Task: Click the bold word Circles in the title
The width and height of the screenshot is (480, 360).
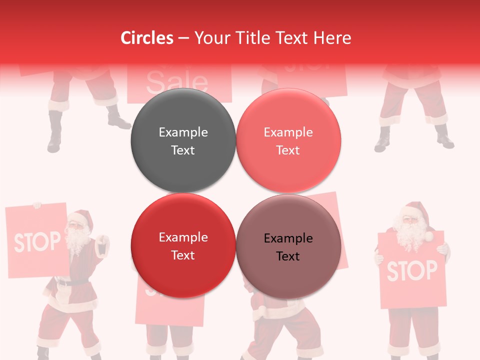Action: pyautogui.click(x=146, y=38)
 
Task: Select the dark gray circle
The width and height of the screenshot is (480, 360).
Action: pyautogui.click(x=183, y=140)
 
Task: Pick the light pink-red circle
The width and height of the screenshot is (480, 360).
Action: pyautogui.click(x=288, y=140)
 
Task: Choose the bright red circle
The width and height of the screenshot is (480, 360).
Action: pyautogui.click(x=183, y=245)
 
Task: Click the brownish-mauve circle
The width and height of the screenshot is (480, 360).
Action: pyautogui.click(x=288, y=246)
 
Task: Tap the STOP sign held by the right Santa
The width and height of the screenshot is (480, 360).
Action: pyautogui.click(x=411, y=270)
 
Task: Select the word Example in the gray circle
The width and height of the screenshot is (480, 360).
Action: pyautogui.click(x=183, y=132)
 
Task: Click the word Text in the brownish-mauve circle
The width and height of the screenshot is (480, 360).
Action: pyautogui.click(x=288, y=256)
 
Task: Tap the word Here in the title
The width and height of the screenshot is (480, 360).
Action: pyautogui.click(x=332, y=38)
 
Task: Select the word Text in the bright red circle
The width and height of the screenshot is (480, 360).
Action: pyautogui.click(x=183, y=255)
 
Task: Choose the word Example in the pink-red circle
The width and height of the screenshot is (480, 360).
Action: pyautogui.click(x=288, y=132)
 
